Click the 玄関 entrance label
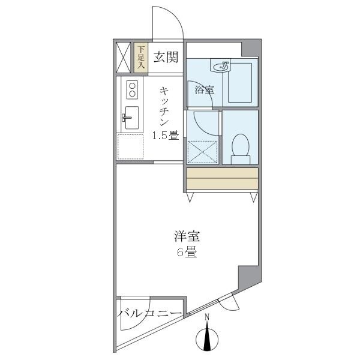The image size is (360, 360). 165,58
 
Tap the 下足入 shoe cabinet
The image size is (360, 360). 141,58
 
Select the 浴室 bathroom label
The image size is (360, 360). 204,90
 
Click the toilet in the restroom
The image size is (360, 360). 240,147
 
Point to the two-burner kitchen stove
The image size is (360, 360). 131,90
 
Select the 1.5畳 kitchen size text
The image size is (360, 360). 165,136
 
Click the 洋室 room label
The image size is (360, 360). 187,236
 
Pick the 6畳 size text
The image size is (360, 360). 187,253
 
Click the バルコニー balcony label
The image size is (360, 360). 149,313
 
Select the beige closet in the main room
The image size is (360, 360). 222,179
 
